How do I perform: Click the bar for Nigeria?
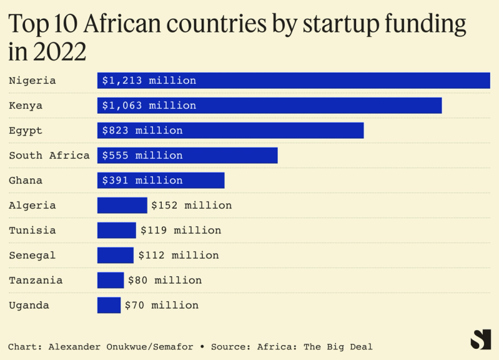(294, 81)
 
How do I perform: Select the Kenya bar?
(269, 106)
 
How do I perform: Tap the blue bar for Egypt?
(230, 131)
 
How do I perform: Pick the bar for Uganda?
(109, 305)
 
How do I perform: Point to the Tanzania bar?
(111, 280)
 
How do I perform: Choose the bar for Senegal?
(115, 255)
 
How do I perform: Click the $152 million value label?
(191, 206)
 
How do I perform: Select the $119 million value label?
(180, 231)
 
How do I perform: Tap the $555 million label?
(142, 156)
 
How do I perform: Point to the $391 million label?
(142, 181)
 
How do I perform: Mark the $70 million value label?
(161, 306)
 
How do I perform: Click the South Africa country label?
(49, 156)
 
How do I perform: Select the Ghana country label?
(26, 181)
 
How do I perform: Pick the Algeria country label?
(32, 206)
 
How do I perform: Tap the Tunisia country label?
(32, 231)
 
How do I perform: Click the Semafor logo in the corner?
(480, 339)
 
